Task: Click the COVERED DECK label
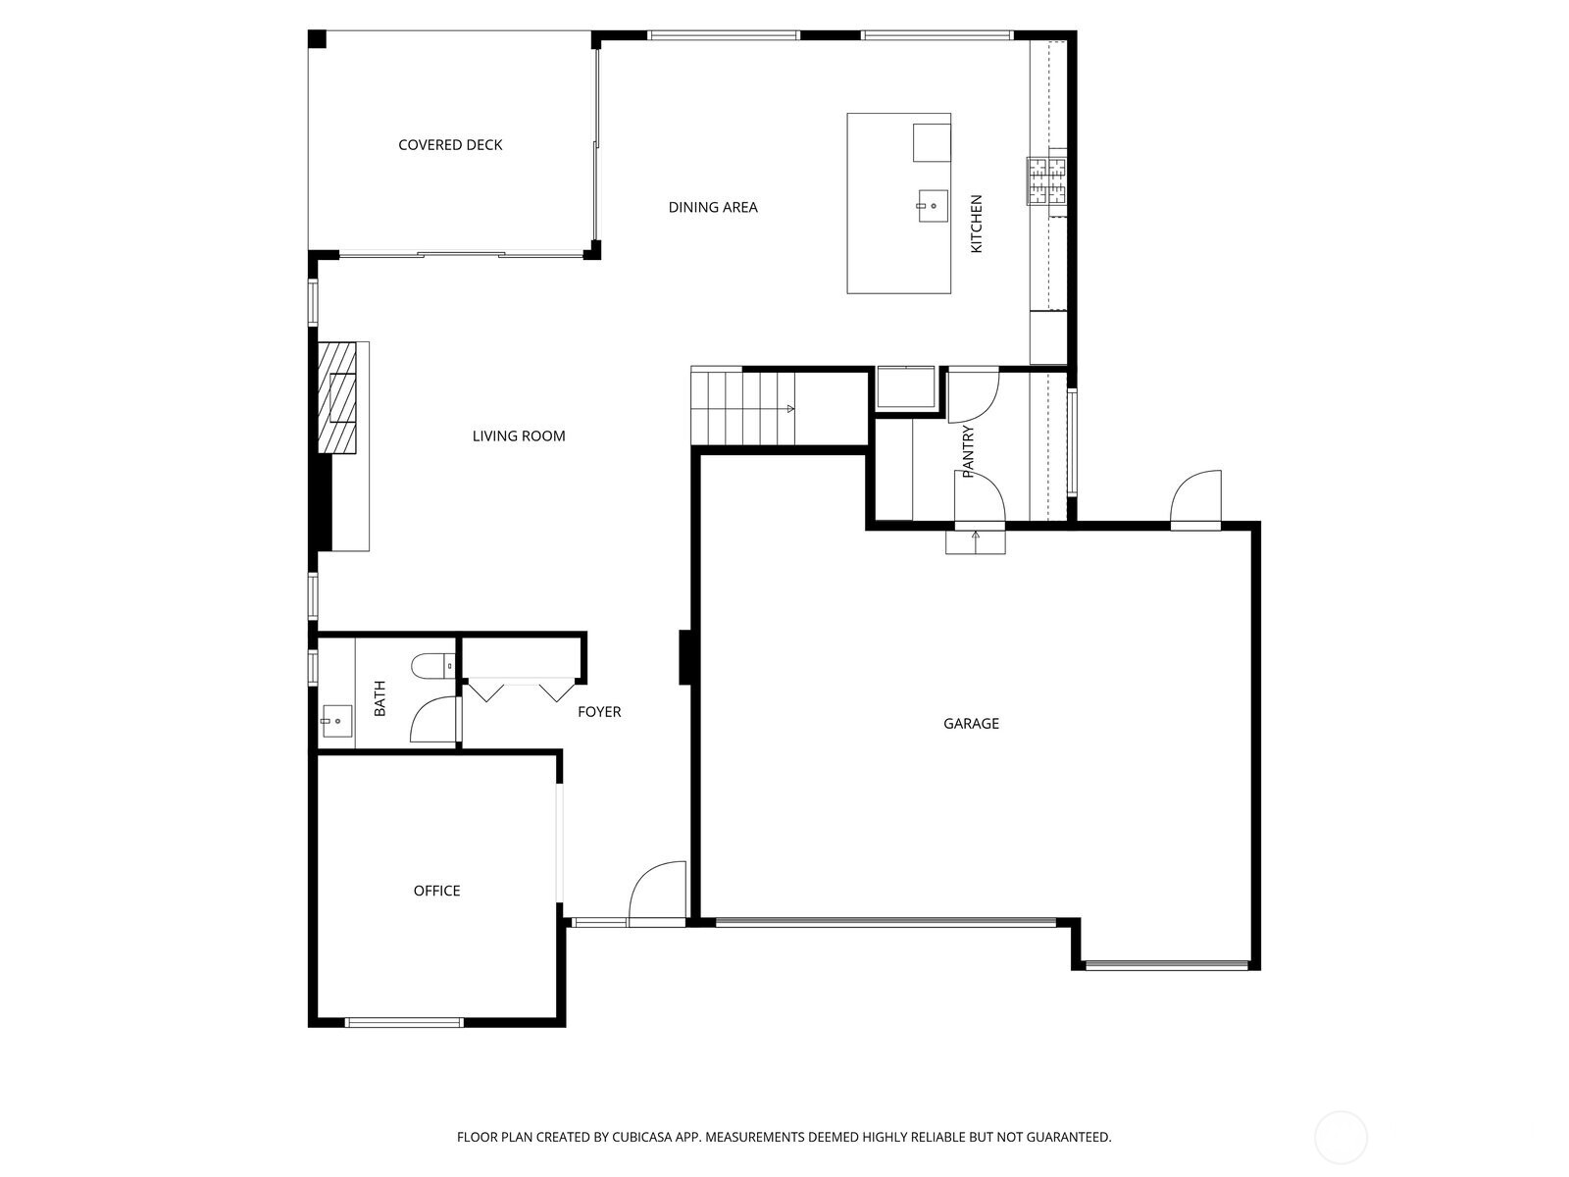click(x=450, y=145)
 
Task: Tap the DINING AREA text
click(x=713, y=207)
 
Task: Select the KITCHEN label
click(x=976, y=225)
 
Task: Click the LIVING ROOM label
click(x=519, y=436)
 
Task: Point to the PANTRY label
click(x=969, y=451)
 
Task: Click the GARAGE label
click(x=971, y=724)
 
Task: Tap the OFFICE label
click(x=436, y=891)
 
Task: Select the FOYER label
click(x=599, y=712)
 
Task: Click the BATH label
click(x=380, y=698)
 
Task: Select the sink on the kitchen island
click(x=933, y=207)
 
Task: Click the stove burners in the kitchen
click(x=1046, y=180)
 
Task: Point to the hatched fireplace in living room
click(x=336, y=397)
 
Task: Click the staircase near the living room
click(x=742, y=407)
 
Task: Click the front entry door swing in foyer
click(x=658, y=894)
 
